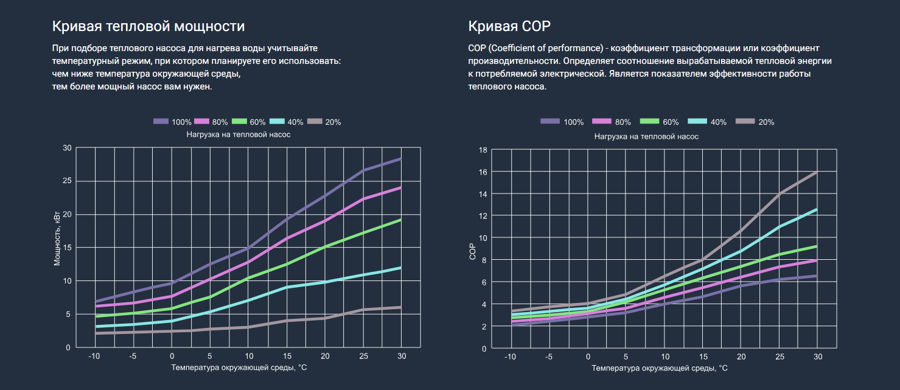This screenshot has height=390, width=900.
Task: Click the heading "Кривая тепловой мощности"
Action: [x=148, y=27]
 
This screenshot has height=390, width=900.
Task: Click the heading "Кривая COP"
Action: [x=509, y=27]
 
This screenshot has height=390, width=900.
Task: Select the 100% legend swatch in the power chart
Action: [x=161, y=122]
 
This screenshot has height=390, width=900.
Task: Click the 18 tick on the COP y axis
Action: [x=483, y=150]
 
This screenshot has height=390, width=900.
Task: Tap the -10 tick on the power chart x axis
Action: [x=94, y=355]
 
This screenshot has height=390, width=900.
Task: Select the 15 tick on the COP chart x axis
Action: [x=703, y=357]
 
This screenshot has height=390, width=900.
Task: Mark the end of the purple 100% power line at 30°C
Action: [x=401, y=158]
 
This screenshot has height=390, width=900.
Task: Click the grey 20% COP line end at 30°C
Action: [x=817, y=172]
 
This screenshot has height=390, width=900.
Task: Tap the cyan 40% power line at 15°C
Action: [x=287, y=287]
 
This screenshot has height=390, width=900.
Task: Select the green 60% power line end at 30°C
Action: [x=401, y=220]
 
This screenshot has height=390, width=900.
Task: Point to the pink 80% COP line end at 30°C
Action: [x=817, y=260]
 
